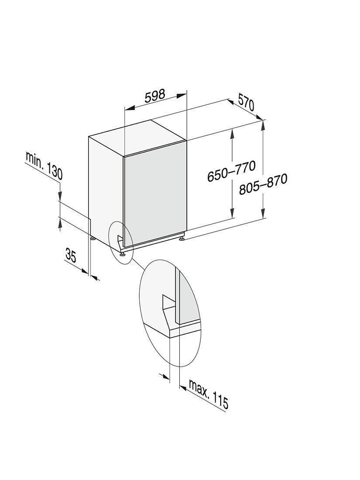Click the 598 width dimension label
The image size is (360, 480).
155,96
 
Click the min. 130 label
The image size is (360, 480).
44,166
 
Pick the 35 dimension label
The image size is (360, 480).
70,255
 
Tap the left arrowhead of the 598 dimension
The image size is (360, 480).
130,108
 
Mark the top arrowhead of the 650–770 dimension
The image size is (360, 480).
233,134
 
